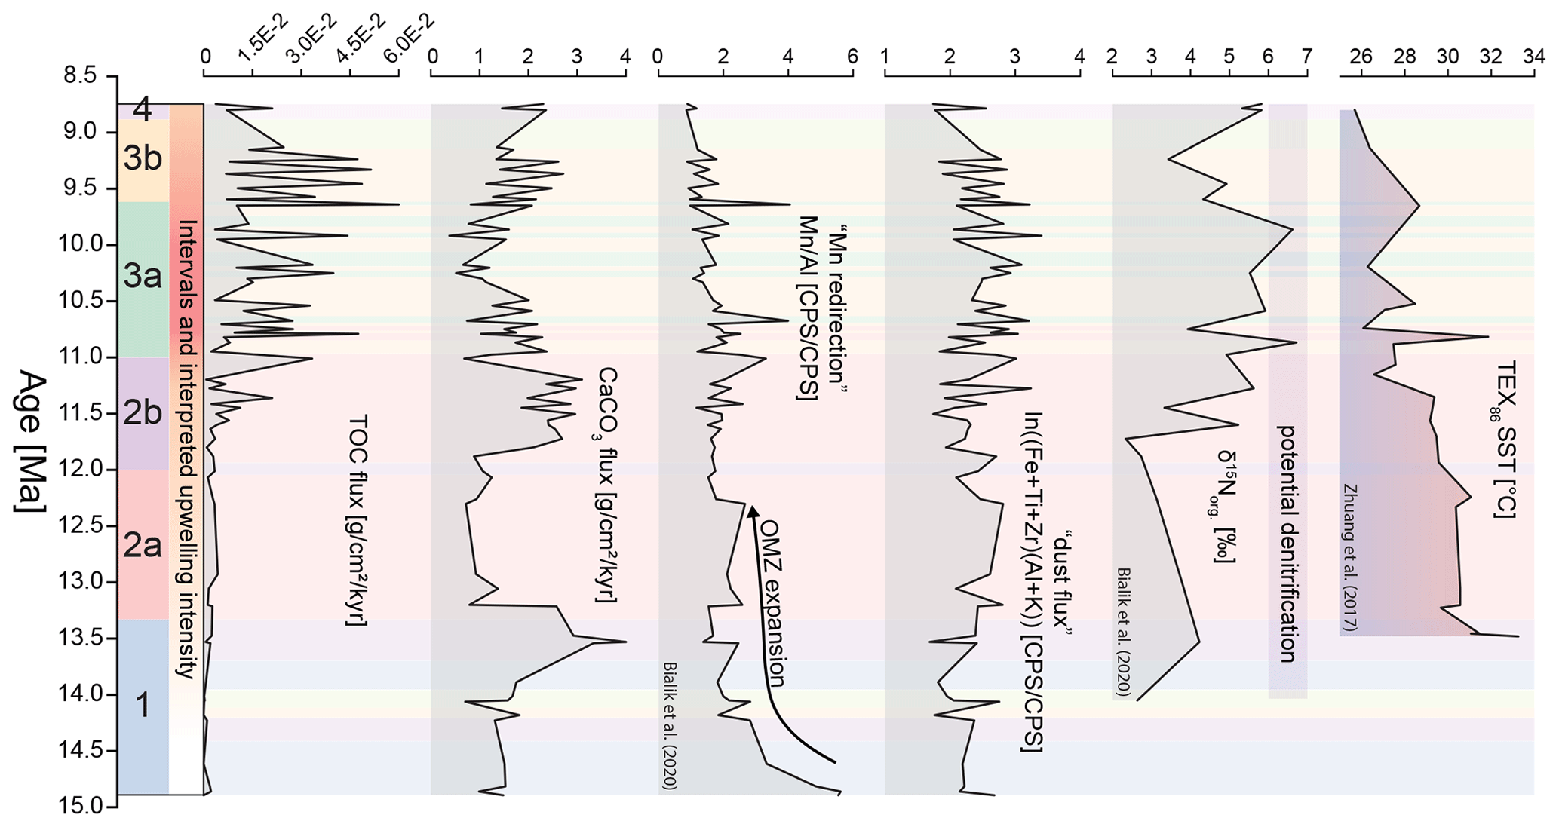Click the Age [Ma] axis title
click(31, 442)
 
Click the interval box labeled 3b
click(143, 159)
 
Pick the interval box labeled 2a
click(143, 544)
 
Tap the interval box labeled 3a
click(143, 277)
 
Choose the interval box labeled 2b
click(143, 413)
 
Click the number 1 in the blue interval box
click(142, 706)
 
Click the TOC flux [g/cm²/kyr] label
click(357, 520)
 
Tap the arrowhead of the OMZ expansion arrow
click(751, 512)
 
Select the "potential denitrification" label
click(1287, 544)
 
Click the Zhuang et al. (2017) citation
click(1349, 557)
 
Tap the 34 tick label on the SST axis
click(1533, 57)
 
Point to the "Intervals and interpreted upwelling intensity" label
click(186, 449)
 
